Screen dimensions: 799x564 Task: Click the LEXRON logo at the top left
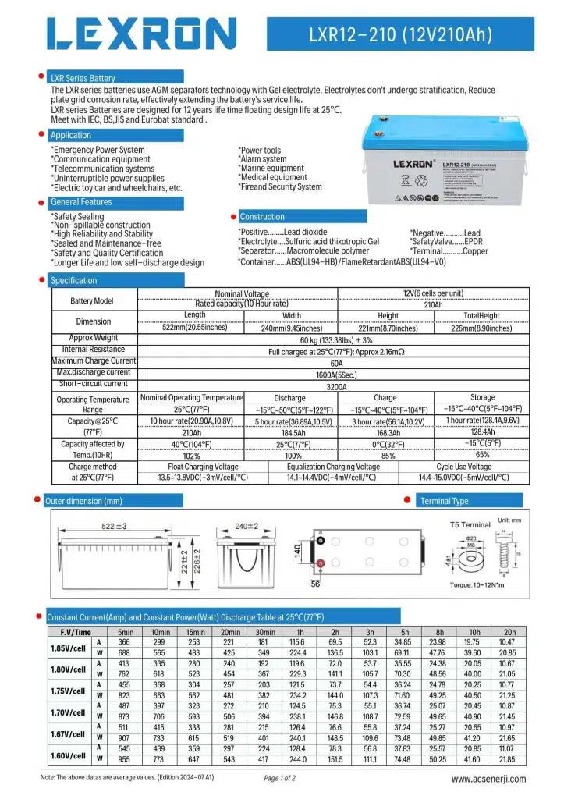pyautogui.click(x=141, y=34)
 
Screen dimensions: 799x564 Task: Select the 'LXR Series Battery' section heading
pyautogui.click(x=83, y=78)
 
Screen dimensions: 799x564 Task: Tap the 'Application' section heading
pyautogui.click(x=71, y=135)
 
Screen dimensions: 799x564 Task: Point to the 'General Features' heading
pyautogui.click(x=81, y=202)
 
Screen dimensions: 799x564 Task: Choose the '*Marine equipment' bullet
pyautogui.click(x=271, y=169)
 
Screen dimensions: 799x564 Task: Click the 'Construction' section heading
pyautogui.click(x=262, y=217)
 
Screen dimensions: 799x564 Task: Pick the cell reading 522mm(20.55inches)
pyautogui.click(x=194, y=328)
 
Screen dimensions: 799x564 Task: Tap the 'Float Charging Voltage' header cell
pyautogui.click(x=198, y=467)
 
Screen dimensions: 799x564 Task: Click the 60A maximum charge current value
pyautogui.click(x=335, y=362)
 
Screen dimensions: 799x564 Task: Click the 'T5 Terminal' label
pyautogui.click(x=470, y=525)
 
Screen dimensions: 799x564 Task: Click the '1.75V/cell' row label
pyautogui.click(x=67, y=691)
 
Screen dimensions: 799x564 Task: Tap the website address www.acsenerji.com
pyautogui.click(x=489, y=779)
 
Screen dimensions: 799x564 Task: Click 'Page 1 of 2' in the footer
pyautogui.click(x=280, y=779)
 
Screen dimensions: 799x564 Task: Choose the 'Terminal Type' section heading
pyautogui.click(x=444, y=501)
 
